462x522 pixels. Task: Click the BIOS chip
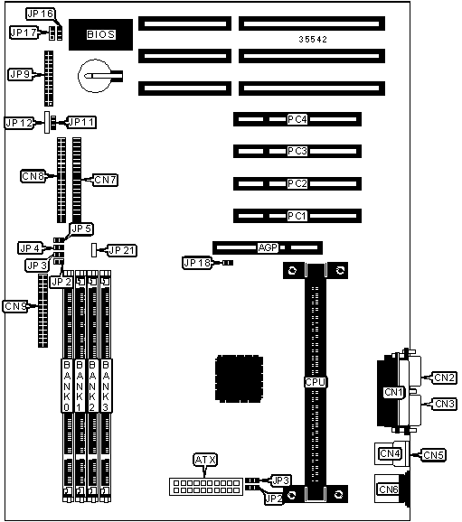coord(100,34)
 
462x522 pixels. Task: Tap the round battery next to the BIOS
coord(95,76)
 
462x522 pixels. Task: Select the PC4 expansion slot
coord(297,119)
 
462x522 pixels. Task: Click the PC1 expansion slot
coord(297,216)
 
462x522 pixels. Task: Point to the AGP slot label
coord(268,247)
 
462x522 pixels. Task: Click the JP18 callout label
coord(197,263)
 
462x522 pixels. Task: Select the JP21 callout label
coord(122,250)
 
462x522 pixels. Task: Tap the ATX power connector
coord(206,487)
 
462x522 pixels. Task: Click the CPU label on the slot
coord(316,382)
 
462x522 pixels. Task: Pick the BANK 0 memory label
coord(67,386)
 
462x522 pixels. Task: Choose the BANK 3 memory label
coord(106,386)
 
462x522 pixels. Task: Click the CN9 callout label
coord(15,306)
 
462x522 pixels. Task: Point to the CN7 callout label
coord(106,180)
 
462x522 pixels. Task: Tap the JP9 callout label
coord(20,74)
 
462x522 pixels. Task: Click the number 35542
coord(313,39)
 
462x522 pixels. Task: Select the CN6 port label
coord(389,489)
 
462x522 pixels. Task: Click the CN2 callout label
coord(445,378)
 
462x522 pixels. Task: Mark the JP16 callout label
coord(41,14)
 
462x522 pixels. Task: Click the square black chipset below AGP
coord(239,378)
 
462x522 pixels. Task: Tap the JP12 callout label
coord(19,123)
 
